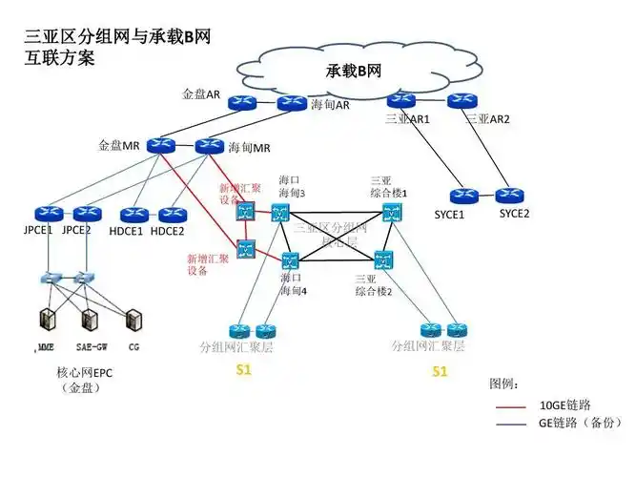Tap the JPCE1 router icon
[44, 214]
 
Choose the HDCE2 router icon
[173, 214]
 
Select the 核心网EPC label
[84, 373]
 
